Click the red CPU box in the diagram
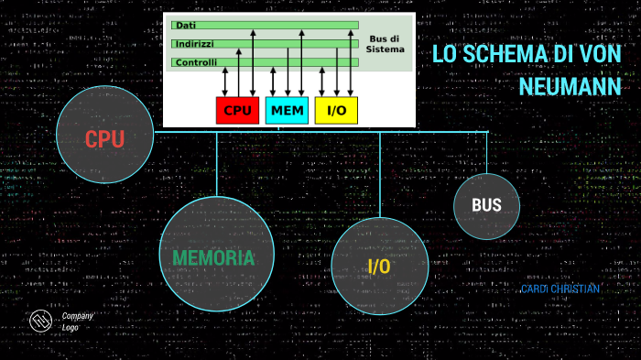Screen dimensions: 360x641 [x=237, y=110]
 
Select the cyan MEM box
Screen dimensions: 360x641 [x=287, y=110]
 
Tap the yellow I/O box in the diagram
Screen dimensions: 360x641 [x=336, y=110]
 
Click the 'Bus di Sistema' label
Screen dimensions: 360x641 [x=385, y=43]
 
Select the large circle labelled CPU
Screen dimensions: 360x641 [x=103, y=138]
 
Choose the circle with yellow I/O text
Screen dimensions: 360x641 [x=379, y=266]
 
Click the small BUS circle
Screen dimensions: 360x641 [x=486, y=205]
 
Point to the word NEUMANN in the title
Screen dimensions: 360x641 [x=570, y=86]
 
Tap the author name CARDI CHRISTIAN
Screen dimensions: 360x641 [x=560, y=289]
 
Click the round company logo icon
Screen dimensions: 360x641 [x=40, y=322]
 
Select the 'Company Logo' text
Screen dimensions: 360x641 [x=77, y=321]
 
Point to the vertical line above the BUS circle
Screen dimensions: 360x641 [x=486, y=153]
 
